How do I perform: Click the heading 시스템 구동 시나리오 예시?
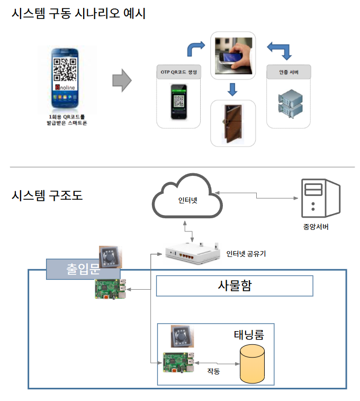click(78, 14)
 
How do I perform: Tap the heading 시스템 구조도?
click(47, 195)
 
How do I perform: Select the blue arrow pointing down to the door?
click(231, 88)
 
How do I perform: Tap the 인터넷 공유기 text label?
click(246, 254)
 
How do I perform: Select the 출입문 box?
click(83, 269)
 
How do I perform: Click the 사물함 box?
click(235, 286)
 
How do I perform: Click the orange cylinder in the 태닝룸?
click(253, 364)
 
